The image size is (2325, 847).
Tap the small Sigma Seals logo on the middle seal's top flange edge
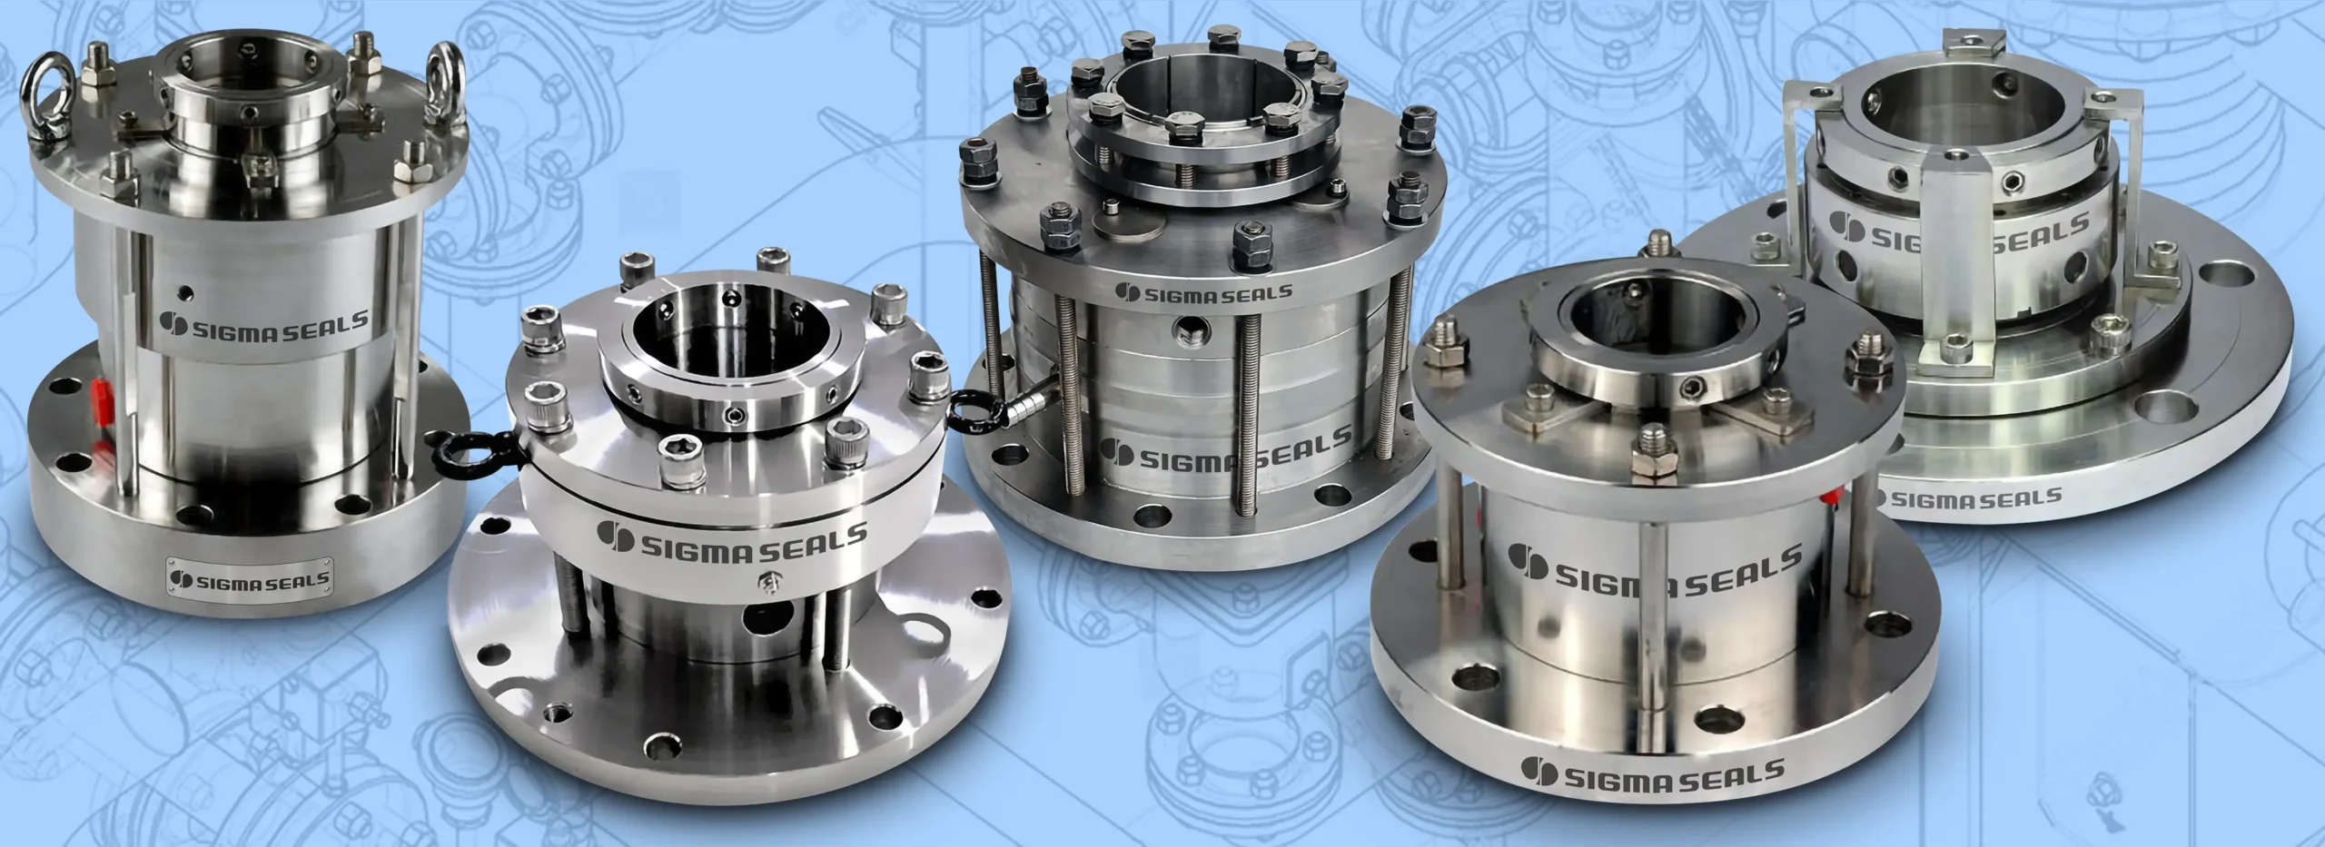coord(1203,292)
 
